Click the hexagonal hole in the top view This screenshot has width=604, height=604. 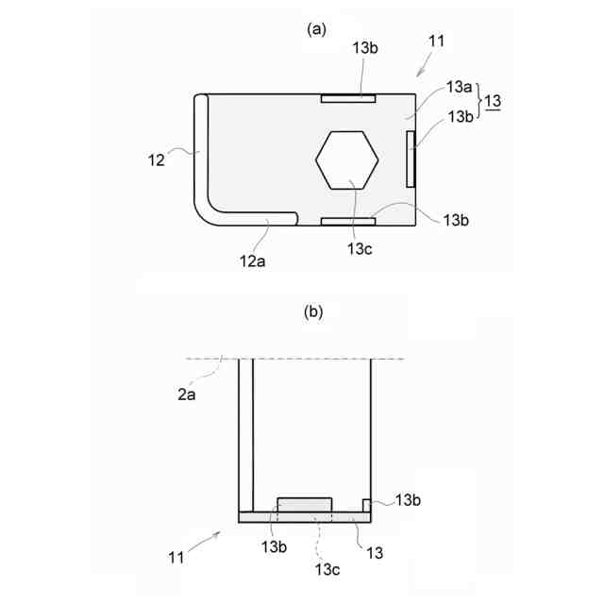coord(346,159)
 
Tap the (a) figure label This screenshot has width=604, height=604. coord(317,29)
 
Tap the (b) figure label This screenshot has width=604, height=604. coord(313,311)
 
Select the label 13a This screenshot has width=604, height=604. coord(459,87)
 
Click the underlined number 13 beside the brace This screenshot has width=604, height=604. coord(493,101)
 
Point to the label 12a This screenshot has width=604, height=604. coord(252,261)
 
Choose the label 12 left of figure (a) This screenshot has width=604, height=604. coord(156,160)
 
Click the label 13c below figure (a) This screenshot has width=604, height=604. coord(360,249)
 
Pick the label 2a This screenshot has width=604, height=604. coord(187,394)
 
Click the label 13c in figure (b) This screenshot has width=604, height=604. coord(327,569)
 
